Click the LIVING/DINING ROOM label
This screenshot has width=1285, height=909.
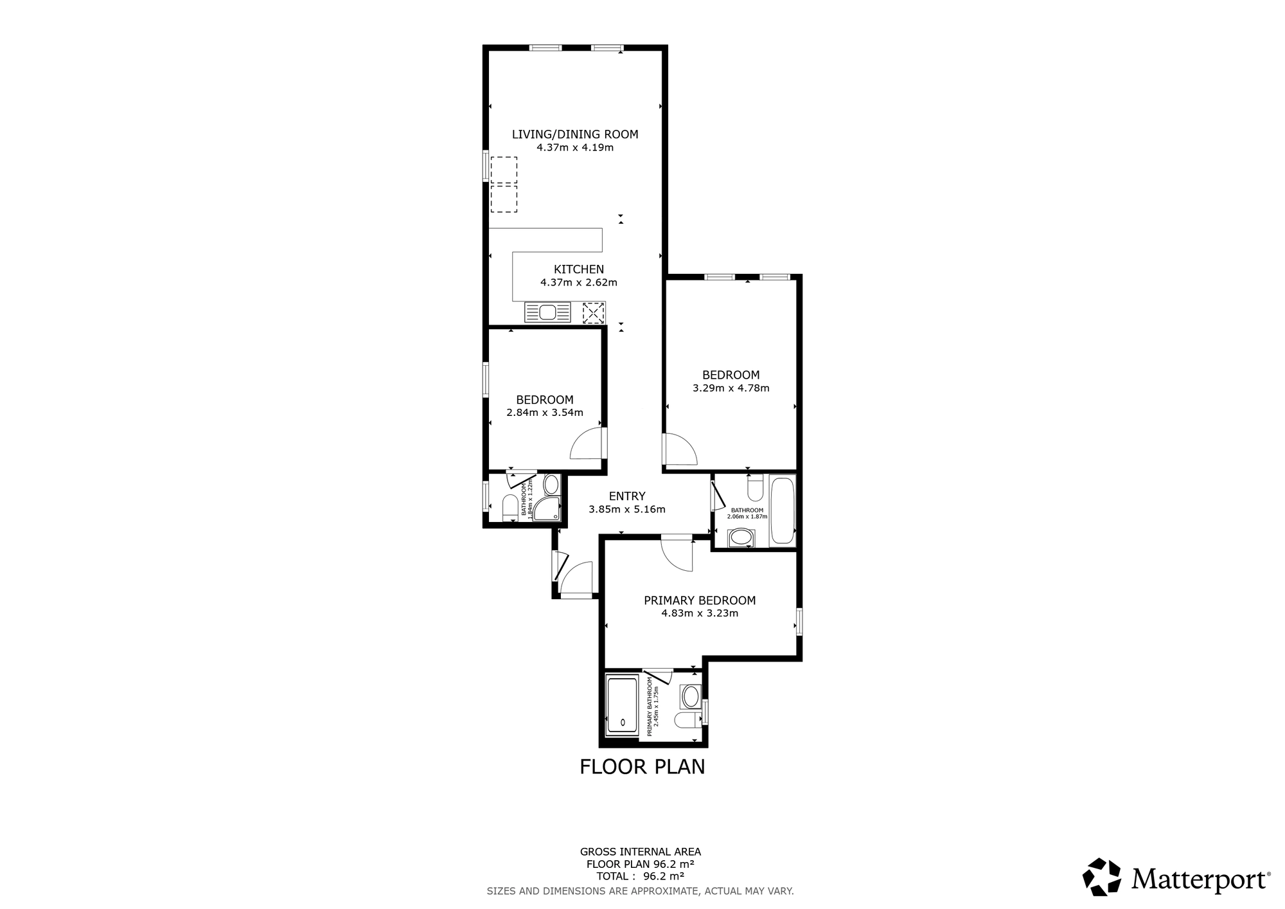(575, 134)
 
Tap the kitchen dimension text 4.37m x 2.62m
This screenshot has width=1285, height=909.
(578, 282)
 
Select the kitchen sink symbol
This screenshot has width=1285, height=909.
(547, 312)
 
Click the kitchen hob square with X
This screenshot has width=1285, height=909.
(593, 312)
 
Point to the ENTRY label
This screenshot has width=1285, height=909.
(626, 496)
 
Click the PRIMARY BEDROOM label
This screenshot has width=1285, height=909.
(700, 600)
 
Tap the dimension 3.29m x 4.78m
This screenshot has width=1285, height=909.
(731, 388)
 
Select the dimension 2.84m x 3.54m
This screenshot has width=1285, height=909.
(545, 413)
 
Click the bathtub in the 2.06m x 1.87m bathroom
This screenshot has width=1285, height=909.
(782, 511)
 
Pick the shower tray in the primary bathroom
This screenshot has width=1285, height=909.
(622, 705)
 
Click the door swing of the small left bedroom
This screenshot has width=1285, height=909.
(587, 444)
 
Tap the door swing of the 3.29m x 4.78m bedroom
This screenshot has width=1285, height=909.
(680, 450)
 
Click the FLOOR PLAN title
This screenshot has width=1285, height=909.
(642, 767)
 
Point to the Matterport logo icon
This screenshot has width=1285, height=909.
(1102, 877)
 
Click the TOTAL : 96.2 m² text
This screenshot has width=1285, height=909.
(640, 876)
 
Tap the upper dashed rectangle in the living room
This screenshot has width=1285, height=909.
(504, 170)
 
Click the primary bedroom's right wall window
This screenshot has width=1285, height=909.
(799, 622)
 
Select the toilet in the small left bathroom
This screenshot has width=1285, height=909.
(510, 507)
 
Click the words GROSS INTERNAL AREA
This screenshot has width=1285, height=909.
(640, 852)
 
